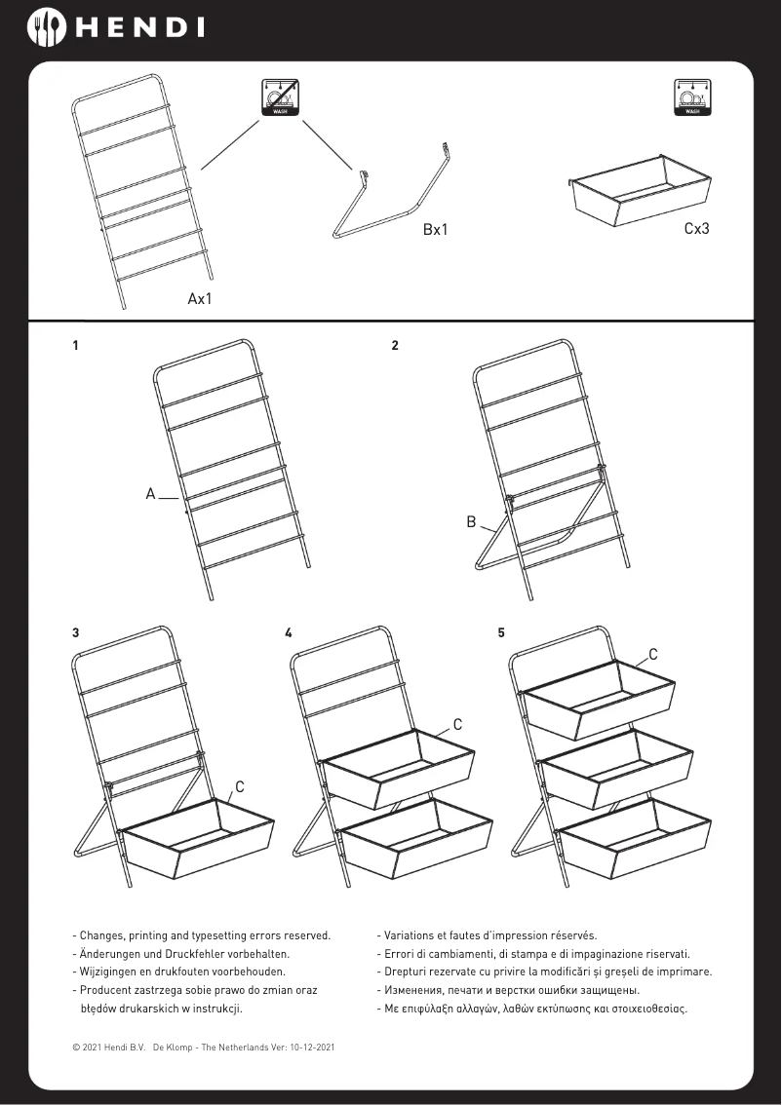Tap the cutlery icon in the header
pos(46,27)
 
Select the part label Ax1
pos(200,298)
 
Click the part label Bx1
pos(435,230)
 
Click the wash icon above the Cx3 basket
pos(691,98)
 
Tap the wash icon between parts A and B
pos(280,98)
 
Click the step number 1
pos(75,346)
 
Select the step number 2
pos(395,346)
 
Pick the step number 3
pos(76,632)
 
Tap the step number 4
pos(289,632)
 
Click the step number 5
pos(501,632)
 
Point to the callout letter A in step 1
pos(151,494)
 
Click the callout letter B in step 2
pos(471,522)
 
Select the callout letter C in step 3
pos(240,785)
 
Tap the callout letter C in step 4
pos(456,725)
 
